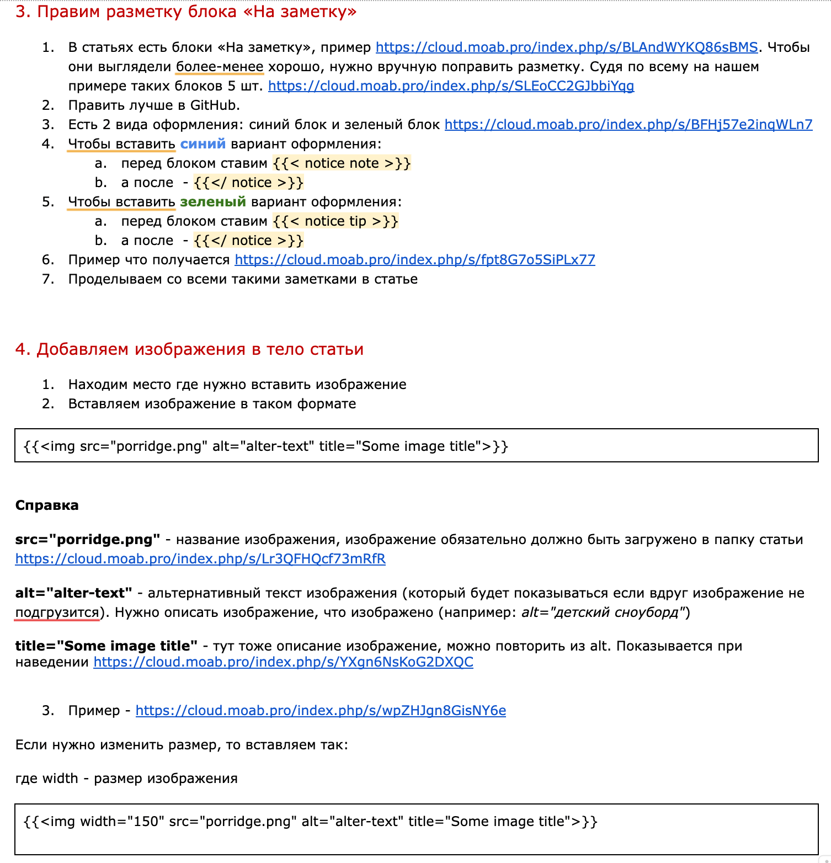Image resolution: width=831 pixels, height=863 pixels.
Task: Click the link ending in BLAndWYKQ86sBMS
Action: (x=567, y=47)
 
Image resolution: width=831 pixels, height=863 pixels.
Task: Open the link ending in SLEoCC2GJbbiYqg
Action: (x=451, y=86)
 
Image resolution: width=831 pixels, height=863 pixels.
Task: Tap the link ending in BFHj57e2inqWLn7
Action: (x=628, y=125)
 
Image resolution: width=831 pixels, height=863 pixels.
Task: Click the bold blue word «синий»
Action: (x=203, y=144)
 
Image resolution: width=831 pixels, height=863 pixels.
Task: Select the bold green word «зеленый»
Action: (x=213, y=202)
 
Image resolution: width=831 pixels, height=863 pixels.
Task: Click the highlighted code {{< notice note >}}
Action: (x=342, y=163)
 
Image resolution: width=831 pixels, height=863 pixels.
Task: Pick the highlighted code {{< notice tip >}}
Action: (x=335, y=221)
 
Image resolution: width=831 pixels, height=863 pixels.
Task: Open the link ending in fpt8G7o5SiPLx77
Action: (x=414, y=260)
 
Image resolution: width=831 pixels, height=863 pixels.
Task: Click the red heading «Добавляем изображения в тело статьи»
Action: (x=189, y=349)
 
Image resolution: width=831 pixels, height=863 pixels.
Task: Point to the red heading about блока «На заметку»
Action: (x=186, y=12)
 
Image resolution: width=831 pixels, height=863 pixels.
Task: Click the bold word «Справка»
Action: (x=47, y=505)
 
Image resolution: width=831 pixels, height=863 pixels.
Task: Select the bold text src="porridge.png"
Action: (x=88, y=540)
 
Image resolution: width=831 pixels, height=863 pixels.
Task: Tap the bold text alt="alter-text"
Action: (x=73, y=593)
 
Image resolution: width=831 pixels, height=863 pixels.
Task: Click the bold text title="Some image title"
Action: (x=106, y=646)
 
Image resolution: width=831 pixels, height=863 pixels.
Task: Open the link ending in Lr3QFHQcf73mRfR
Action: (x=200, y=559)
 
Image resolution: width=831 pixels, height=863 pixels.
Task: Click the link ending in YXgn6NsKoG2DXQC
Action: (x=283, y=662)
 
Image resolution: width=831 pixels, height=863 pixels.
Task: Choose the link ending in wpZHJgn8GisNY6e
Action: (x=321, y=711)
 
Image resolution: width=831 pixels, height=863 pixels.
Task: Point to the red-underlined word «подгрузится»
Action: (x=57, y=612)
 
